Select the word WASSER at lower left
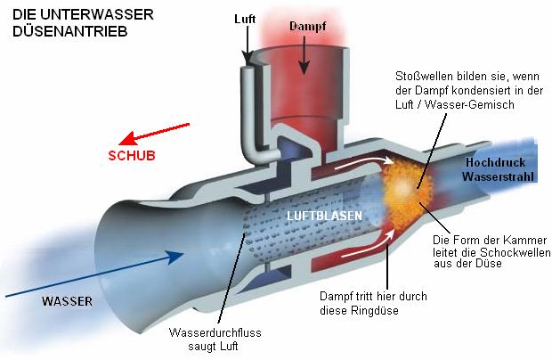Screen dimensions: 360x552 [x=67, y=300]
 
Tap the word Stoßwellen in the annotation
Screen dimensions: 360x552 [x=420, y=78]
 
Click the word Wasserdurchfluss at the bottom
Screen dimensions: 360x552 [x=211, y=332]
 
